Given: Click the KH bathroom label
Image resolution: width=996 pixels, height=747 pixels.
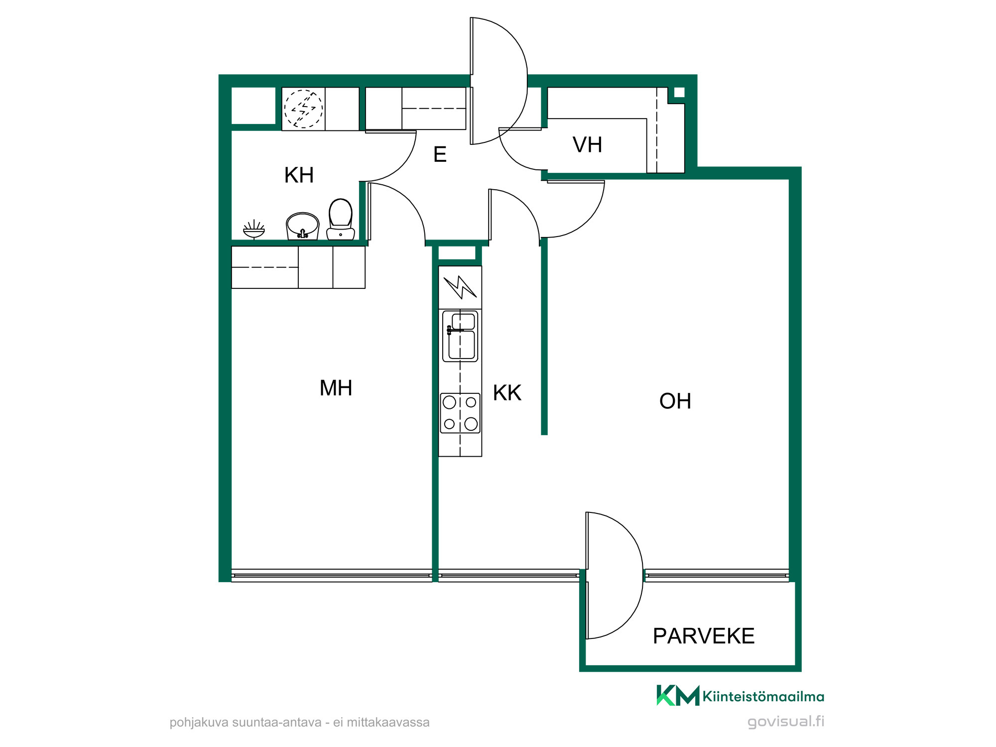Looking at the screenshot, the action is click(x=299, y=175).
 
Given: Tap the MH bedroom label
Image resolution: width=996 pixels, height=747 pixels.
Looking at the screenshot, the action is click(x=336, y=388).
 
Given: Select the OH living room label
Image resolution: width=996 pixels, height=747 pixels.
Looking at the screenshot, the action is click(x=675, y=401).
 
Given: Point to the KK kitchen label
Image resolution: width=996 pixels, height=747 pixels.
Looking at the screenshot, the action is click(x=507, y=393).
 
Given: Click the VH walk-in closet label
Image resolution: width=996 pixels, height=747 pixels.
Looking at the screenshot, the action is click(x=588, y=145).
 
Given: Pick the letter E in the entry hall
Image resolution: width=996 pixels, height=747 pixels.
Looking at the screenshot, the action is click(x=440, y=154).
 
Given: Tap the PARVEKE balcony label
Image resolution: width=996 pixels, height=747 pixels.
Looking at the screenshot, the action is click(x=704, y=636).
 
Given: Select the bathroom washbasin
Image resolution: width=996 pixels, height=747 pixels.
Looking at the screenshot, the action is click(x=302, y=226).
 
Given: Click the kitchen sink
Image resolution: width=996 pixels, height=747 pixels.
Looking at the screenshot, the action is click(x=460, y=336).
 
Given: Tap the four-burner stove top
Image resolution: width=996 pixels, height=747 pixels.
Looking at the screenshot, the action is click(x=460, y=413).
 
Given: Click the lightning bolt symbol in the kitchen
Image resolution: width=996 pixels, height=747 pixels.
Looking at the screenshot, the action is click(x=460, y=287).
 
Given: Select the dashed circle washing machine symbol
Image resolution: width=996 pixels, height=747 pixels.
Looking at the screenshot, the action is click(x=303, y=109).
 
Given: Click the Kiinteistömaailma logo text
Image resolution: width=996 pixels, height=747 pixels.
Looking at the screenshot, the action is click(x=763, y=696).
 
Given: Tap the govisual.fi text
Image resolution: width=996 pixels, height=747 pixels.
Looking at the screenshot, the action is click(x=786, y=722).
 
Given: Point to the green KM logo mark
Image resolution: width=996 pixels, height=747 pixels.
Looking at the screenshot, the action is click(x=678, y=695).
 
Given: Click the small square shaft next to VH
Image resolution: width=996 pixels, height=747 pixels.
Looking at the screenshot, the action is click(x=679, y=93).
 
